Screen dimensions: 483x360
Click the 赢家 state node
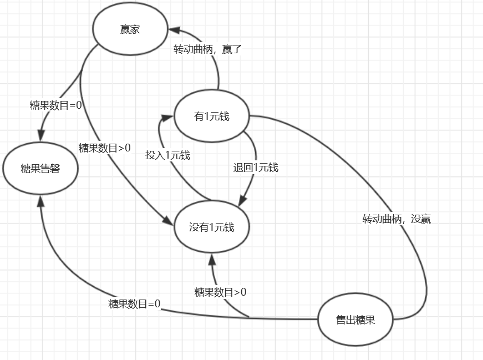tap(130, 29)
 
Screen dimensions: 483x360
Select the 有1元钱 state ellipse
tap(212, 116)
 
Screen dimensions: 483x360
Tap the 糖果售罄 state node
tap(40, 168)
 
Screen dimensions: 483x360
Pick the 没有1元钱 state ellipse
tap(212, 227)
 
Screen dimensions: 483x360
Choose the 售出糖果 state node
tap(355, 320)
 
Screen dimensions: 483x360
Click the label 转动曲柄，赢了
tap(207, 49)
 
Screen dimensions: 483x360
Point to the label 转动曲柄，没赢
tap(396, 219)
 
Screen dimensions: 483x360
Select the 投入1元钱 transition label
tap(168, 155)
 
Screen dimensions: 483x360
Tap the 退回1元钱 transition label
tap(256, 168)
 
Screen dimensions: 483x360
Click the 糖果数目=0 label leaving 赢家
tap(56, 105)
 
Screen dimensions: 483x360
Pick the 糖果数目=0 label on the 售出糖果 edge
tap(134, 304)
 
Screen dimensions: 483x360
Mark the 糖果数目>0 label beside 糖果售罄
tap(104, 148)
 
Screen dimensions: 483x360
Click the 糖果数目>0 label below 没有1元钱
tap(220, 292)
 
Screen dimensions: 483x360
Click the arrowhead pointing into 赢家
tap(174, 30)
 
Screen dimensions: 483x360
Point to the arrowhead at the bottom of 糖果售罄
tap(40, 201)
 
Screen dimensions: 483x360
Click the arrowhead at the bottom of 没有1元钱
tap(212, 260)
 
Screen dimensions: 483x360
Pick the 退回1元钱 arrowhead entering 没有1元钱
tap(242, 201)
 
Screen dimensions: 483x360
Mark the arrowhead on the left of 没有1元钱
tap(169, 221)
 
